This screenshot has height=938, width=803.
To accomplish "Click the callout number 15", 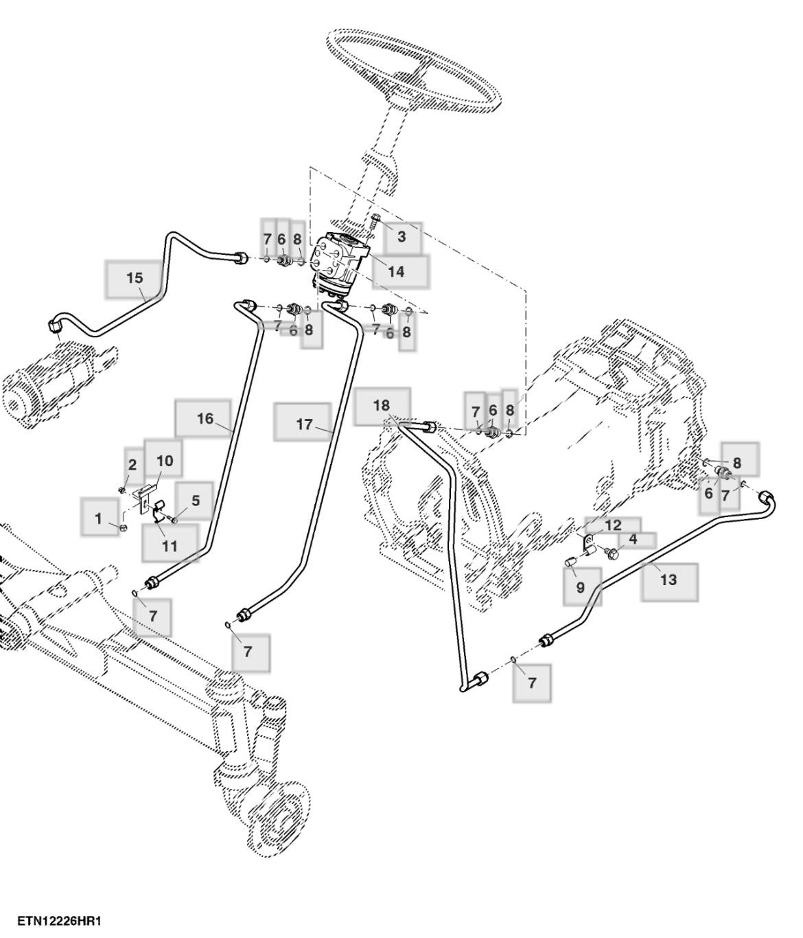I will pos(135,278).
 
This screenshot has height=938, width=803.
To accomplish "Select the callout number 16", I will pos(205,418).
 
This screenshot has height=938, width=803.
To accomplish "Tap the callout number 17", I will pos(304,424).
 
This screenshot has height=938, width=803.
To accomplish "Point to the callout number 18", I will pos(382,405).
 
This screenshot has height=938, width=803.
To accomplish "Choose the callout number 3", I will pos(401,237).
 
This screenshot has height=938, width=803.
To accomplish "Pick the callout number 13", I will pos(668,580).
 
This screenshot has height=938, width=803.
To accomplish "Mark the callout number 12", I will pos(613,525).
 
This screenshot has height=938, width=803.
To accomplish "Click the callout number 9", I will pos(581,587).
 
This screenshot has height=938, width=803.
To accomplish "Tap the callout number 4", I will pos(633,540).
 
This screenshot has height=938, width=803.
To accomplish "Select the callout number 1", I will pos(98,518).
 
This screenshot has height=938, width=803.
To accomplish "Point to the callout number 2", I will pos(132,464).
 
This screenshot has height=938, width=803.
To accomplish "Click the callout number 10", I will pos(165,461).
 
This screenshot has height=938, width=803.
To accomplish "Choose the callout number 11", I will pos(170,546).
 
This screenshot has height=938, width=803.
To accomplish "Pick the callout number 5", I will pos(196,501).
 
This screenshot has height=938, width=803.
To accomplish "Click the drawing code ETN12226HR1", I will pos(59,920).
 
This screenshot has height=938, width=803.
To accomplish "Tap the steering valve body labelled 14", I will pos(340,264).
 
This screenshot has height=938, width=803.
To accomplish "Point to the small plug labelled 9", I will pos(570,564).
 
